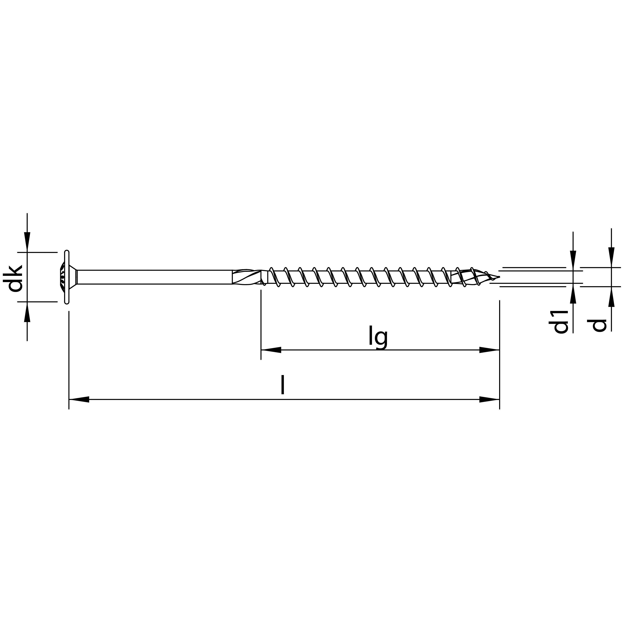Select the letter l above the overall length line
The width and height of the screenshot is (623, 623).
tap(283, 385)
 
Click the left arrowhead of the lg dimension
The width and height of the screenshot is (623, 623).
tap(271, 350)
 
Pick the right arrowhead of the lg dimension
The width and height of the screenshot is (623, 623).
tap(489, 350)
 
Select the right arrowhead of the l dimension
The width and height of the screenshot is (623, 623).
tap(489, 400)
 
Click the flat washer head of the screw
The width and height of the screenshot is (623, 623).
tap(67, 277)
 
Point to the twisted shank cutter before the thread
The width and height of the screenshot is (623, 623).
tap(247, 277)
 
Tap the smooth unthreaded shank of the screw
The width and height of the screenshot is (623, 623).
tap(155, 277)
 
